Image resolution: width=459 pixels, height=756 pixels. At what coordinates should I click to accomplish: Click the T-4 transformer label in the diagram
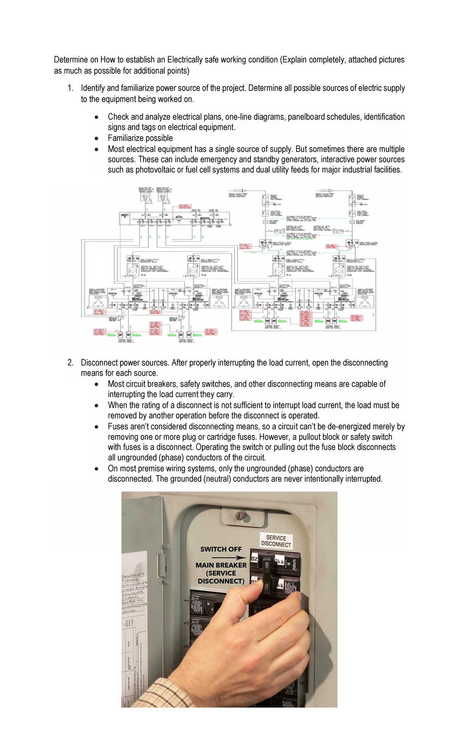click(204, 275)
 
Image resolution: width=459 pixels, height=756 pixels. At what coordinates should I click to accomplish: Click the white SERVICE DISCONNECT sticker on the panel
click(276, 541)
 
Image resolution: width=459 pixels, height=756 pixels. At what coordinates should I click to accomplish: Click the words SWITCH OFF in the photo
click(221, 549)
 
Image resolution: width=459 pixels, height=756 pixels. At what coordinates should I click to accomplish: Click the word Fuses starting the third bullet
click(118, 427)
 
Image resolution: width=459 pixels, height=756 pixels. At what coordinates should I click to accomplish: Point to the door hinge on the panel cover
click(163, 562)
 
